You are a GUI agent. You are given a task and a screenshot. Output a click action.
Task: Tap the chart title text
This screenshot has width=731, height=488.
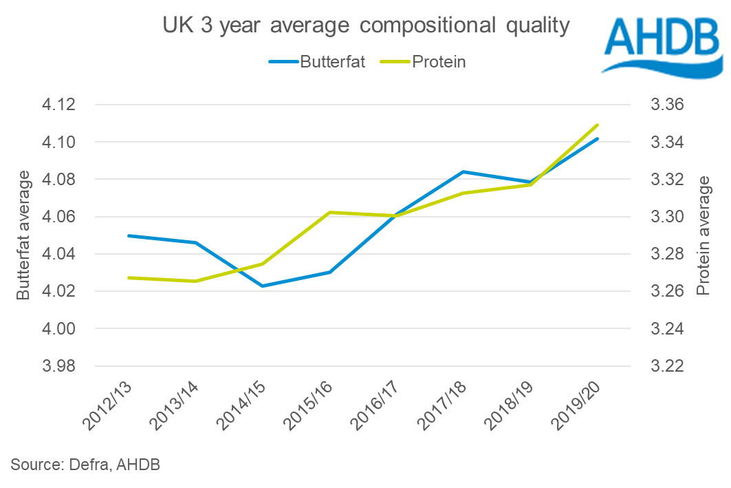click(365, 26)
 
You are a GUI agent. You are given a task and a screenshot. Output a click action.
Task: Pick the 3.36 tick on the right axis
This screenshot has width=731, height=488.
click(666, 105)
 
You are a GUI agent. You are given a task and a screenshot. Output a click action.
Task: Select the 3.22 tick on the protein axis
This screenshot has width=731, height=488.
click(666, 366)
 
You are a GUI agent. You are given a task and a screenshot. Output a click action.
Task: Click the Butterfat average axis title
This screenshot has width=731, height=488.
click(23, 235)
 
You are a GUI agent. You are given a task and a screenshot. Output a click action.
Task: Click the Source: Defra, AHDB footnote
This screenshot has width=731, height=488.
click(85, 465)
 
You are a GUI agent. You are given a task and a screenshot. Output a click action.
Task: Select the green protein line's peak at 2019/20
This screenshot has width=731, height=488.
click(598, 125)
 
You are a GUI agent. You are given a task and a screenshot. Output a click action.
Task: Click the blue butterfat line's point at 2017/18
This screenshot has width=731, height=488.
click(463, 171)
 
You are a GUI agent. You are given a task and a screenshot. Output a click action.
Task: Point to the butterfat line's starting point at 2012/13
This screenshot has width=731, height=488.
click(129, 235)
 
